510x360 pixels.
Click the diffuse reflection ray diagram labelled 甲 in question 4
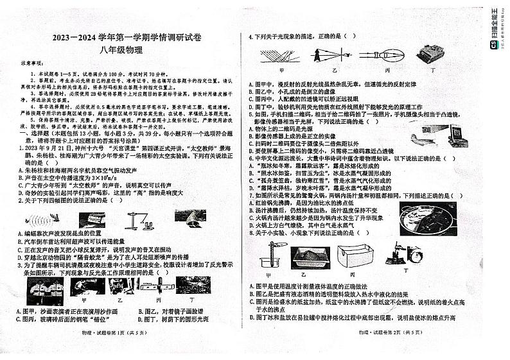pyautogui.click(x=281, y=53)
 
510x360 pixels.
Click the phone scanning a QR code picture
pyautogui.click(x=453, y=130)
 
